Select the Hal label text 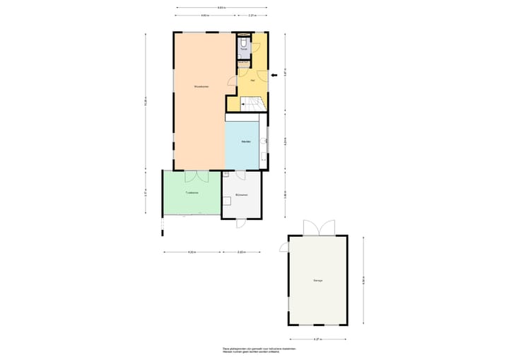click(252, 80)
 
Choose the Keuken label click(246, 141)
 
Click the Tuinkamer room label click(191, 192)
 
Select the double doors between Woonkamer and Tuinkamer click(194, 177)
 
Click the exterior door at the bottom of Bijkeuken click(240, 222)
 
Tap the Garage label click(318, 281)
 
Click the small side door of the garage click(285, 247)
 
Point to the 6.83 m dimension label click(222, 7)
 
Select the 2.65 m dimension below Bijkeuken click(240, 252)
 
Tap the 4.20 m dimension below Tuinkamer click(191, 252)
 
